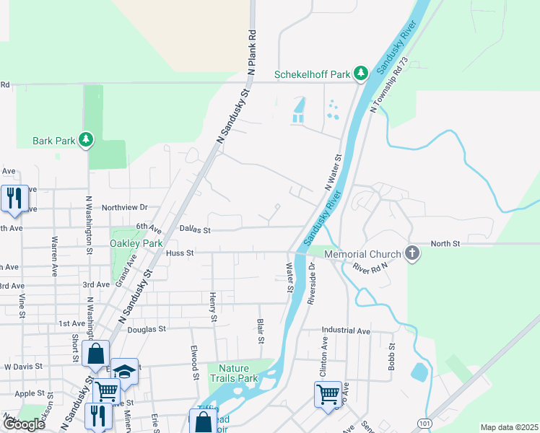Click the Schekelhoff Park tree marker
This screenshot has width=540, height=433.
(362, 73)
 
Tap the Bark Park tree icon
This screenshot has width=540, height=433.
(86, 139)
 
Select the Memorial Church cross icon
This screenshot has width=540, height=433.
(411, 253)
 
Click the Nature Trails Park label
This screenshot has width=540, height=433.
(233, 372)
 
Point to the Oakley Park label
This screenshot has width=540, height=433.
(136, 243)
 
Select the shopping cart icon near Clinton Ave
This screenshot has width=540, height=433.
(327, 394)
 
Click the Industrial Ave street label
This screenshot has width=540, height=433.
(346, 331)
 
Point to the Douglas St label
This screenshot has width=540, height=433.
(147, 328)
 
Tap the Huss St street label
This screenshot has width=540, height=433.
(180, 253)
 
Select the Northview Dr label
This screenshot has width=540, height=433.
(124, 207)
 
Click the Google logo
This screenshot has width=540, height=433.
(23, 424)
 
